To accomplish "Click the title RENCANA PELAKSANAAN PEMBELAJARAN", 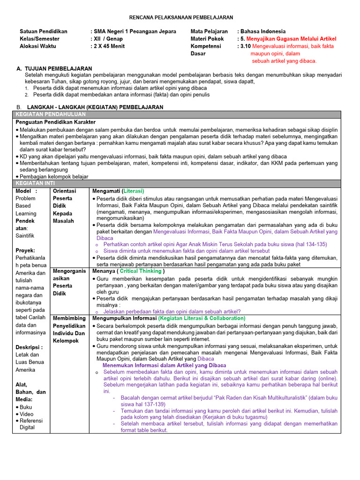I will tap(180, 17).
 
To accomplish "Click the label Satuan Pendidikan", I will tap(44, 31).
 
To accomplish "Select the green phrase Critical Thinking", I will tap(141, 271).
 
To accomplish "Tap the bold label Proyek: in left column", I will tap(25, 250).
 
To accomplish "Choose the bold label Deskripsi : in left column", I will tap(29, 347).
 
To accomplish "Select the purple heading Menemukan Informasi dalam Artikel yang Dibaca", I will tap(164, 365).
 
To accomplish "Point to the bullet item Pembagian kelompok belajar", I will tap(53, 177).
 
